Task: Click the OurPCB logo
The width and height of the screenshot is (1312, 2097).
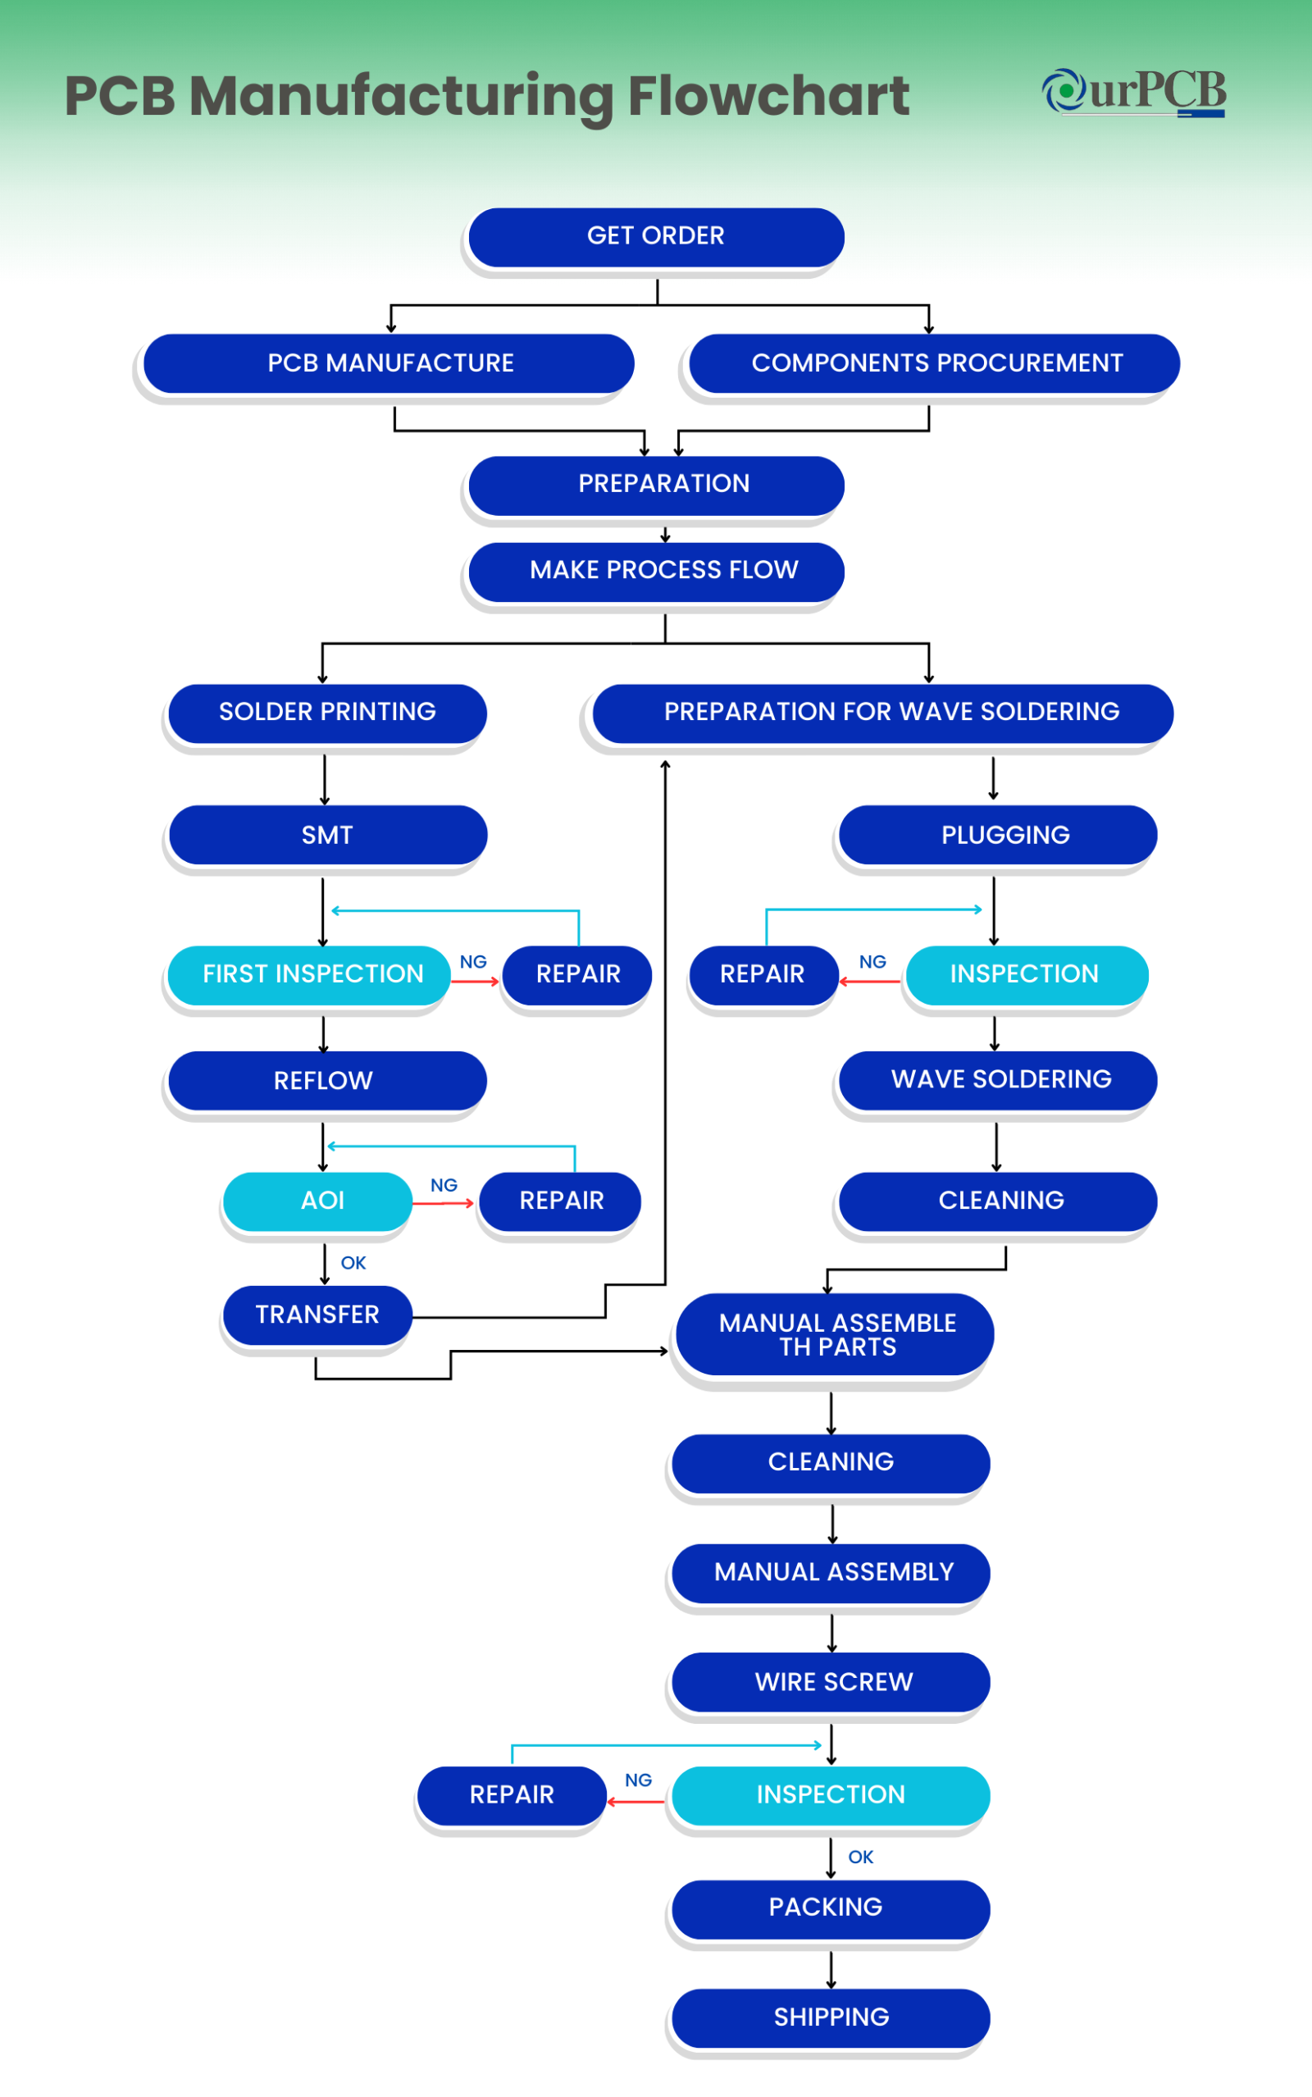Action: [x=1134, y=92]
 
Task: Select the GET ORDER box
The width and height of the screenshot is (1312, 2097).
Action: [x=656, y=236]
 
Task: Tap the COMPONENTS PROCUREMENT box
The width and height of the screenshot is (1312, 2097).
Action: [x=936, y=362]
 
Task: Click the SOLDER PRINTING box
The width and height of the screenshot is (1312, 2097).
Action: [x=327, y=711]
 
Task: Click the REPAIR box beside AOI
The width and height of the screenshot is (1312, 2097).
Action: [x=561, y=1200]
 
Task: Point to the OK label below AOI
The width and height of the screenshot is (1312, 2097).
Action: [x=353, y=1262]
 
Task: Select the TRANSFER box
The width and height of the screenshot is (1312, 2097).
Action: [x=317, y=1315]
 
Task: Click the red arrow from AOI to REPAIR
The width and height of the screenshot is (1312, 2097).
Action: [x=444, y=1203]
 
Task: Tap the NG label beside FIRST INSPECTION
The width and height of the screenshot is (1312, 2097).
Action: [x=473, y=961]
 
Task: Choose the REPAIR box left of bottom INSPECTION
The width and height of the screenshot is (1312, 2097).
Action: [x=511, y=1794]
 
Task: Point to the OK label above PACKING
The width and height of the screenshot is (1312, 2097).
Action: [x=861, y=1857]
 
